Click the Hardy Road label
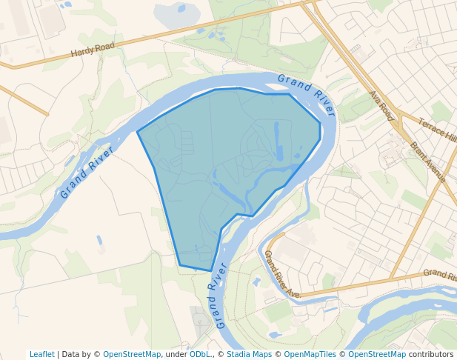93,50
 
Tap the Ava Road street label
382,106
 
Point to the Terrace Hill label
438,130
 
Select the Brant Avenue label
427,162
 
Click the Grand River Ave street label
281,275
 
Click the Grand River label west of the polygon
87,173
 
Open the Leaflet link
41,354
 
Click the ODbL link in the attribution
200,354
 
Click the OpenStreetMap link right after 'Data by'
131,354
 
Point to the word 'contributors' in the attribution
431,354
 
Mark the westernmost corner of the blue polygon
138,132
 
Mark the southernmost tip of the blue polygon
211,271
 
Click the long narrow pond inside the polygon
278,141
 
